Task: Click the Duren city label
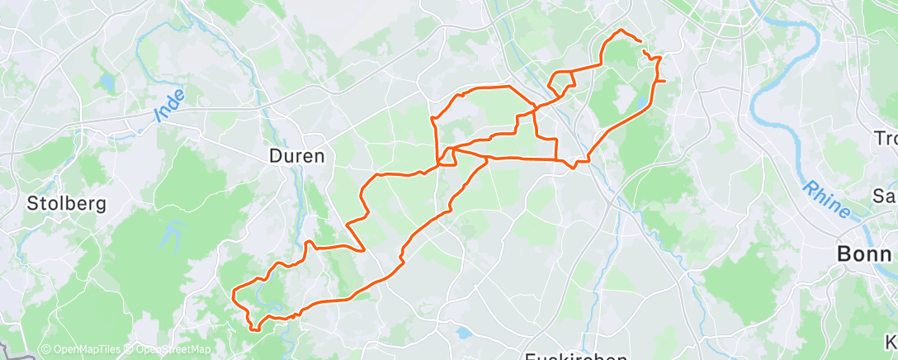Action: (x=296, y=155)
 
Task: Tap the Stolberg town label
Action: (x=66, y=203)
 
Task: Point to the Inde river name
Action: (x=170, y=107)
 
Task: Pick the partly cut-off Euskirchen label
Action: (x=576, y=356)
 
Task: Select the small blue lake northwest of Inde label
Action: (x=107, y=83)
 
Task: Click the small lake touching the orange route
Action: (x=641, y=105)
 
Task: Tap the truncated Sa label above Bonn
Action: (x=886, y=196)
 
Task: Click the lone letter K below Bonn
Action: (x=891, y=341)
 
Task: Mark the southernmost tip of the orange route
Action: (x=255, y=329)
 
